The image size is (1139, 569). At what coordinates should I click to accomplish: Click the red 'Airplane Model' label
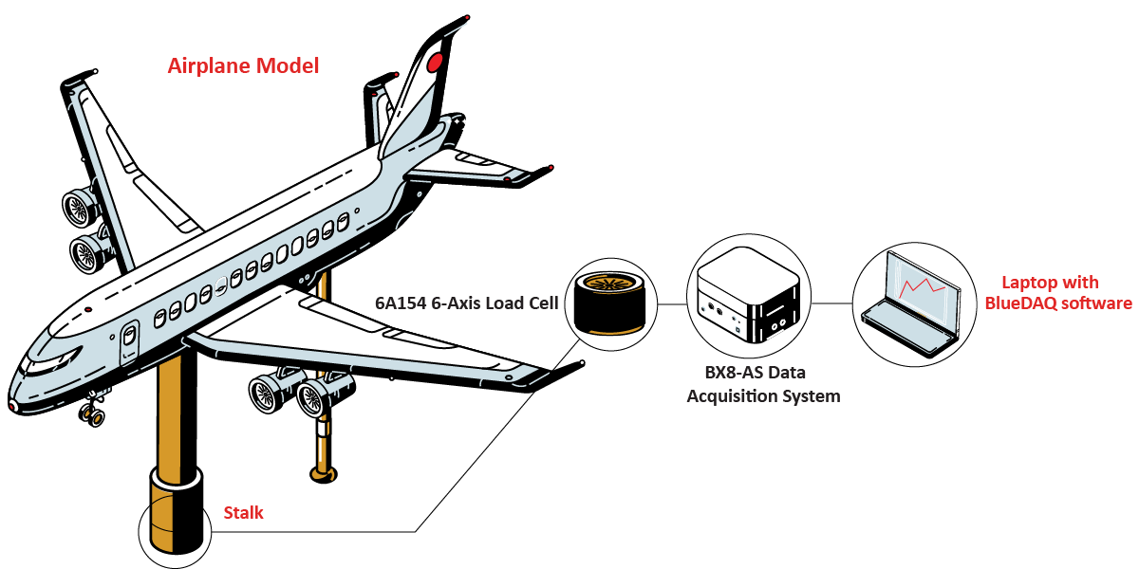point(243,66)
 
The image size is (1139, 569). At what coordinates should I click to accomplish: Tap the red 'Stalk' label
point(243,514)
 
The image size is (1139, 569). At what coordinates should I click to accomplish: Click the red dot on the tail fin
point(435,64)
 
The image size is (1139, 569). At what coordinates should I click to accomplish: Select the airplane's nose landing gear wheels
point(92,413)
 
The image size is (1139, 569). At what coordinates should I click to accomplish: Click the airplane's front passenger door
point(129,339)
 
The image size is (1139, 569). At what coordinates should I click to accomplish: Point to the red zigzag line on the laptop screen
point(921,284)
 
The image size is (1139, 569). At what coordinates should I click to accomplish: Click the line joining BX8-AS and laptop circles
point(831,304)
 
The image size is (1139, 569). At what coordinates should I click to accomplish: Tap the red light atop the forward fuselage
point(87,309)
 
